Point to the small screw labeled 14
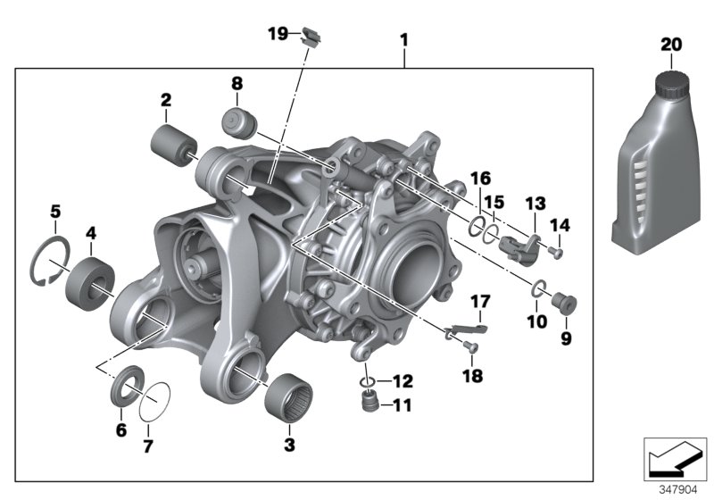557,253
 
